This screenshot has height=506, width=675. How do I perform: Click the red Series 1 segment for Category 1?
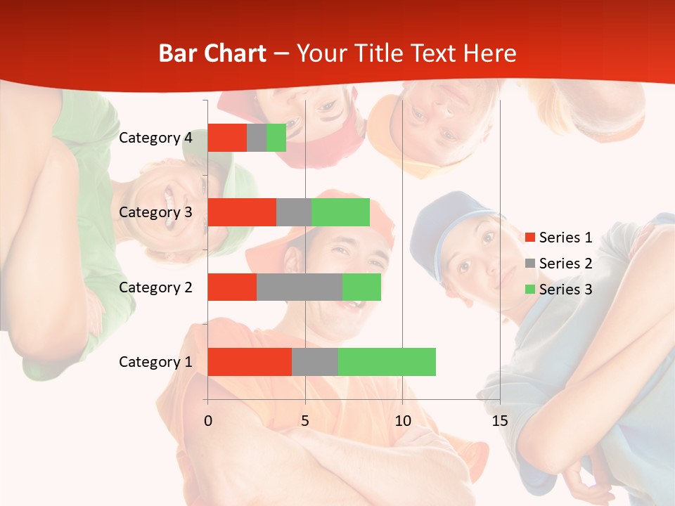[250, 361]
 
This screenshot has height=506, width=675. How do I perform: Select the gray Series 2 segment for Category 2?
[300, 287]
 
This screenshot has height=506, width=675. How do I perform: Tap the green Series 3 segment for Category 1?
[387, 361]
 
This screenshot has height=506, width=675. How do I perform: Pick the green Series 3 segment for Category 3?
[340, 212]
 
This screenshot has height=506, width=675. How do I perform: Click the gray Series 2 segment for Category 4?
[257, 138]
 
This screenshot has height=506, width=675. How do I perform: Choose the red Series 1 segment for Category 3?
[242, 212]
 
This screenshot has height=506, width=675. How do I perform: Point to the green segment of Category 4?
[276, 138]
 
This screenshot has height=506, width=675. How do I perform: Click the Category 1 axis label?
[155, 362]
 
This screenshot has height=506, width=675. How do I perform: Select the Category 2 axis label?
[155, 287]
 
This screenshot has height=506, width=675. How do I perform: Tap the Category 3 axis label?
[155, 212]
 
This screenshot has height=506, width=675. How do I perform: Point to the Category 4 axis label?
[155, 138]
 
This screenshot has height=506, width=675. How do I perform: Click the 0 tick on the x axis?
[207, 421]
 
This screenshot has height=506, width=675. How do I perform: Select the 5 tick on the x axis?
[305, 421]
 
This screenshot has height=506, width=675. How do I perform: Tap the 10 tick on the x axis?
[402, 421]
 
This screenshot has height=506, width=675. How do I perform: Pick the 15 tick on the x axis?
[500, 421]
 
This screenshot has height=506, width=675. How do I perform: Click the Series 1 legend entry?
[559, 238]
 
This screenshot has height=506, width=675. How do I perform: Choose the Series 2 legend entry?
[559, 264]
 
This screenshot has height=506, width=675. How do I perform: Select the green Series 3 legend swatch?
[530, 290]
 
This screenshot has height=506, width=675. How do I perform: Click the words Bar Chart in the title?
[212, 53]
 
